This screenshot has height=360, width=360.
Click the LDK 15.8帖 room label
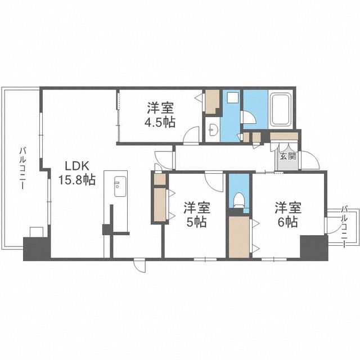click(77, 173)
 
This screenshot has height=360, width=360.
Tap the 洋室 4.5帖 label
click(160, 115)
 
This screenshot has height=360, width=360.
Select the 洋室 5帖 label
click(196, 214)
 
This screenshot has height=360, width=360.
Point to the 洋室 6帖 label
click(288, 214)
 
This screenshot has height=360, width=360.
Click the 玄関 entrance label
click(288, 156)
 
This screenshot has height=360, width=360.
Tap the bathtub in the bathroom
click(281, 109)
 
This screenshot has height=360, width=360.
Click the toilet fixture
click(238, 200)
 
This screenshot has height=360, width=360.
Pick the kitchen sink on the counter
click(120, 186)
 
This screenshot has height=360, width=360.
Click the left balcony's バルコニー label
click(22, 168)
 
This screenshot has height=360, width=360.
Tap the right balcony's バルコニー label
click(344, 226)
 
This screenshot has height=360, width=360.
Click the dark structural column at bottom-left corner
click(37, 249)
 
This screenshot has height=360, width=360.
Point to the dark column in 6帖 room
click(314, 247)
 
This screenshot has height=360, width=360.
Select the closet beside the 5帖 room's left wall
click(160, 204)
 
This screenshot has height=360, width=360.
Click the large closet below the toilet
click(239, 237)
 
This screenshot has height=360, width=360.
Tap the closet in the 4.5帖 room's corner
click(211, 101)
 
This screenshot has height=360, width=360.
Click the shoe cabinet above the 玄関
click(284, 136)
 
